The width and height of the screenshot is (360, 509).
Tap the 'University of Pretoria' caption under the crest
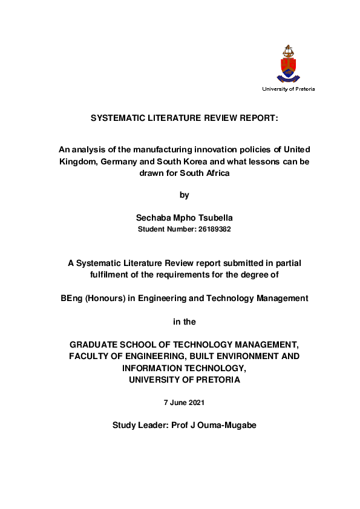288,89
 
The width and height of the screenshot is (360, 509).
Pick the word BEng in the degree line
72,298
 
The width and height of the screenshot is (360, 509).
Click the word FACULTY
93,356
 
